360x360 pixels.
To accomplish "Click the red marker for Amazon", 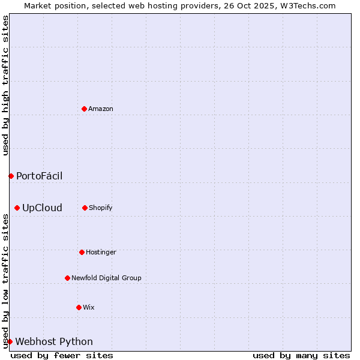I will [84, 109].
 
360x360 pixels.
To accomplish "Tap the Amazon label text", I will [101, 109].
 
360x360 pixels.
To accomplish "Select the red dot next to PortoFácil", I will [11, 176].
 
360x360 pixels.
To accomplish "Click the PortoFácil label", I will [39, 176].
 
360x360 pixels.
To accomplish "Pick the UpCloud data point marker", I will [17, 208].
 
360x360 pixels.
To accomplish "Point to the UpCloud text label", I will [42, 208].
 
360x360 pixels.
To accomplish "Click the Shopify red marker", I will [85, 208].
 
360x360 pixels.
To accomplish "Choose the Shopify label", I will [101, 208].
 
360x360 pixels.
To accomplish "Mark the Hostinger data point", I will [82, 252].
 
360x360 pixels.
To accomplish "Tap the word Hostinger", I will [101, 252].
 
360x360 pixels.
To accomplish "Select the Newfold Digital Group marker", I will [67, 278].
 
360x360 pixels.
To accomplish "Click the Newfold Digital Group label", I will [106, 278].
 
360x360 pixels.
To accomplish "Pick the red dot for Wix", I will [79, 307].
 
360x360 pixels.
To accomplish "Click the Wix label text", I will [89, 307].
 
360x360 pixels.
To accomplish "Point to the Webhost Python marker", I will [10, 341].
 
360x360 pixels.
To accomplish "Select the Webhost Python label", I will [54, 342].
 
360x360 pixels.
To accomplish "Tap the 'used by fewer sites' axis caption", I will [62, 355].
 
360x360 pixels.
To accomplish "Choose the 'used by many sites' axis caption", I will [301, 355].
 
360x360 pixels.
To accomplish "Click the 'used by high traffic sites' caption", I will [5, 85].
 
